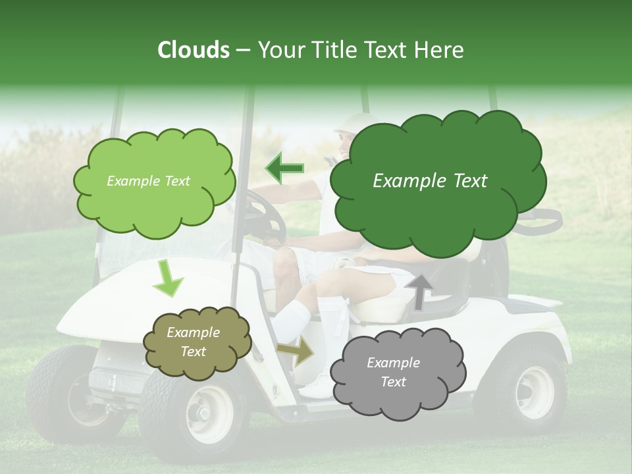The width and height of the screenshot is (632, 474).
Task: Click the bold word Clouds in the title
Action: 194,50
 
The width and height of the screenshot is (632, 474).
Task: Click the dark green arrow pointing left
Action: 285,169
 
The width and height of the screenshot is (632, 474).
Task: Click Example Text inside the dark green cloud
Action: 430,181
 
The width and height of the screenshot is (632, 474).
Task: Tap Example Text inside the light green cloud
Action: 148,181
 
